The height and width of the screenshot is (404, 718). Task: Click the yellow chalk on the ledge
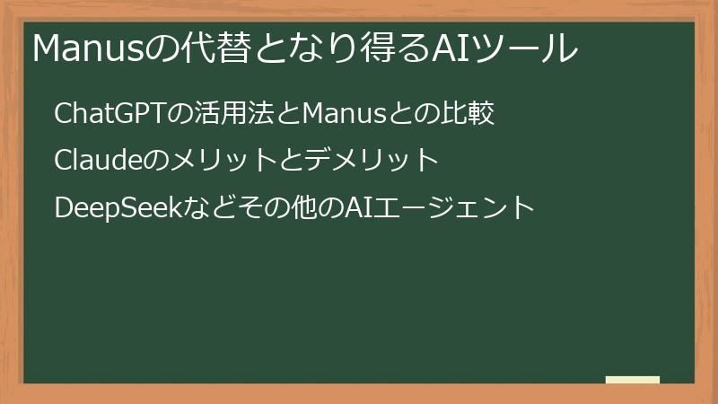tap(633, 380)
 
